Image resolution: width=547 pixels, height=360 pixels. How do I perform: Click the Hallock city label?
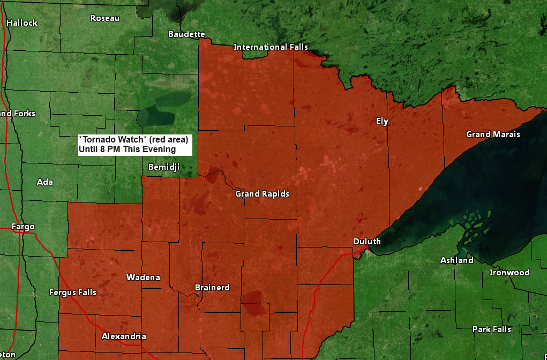point(22,23)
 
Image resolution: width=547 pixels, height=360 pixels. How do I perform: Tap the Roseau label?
point(105,18)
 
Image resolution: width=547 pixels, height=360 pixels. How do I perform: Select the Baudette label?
point(186,34)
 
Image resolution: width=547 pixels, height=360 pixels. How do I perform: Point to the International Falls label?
point(271,47)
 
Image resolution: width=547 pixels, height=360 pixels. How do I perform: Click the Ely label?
point(381,121)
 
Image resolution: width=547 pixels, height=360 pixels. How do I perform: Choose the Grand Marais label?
point(492,134)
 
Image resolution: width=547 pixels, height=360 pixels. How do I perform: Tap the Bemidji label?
point(164,168)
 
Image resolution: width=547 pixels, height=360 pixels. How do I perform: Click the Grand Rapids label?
point(262,194)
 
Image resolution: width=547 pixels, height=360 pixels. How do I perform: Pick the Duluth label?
point(366,242)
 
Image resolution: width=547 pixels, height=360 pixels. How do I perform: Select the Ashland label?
point(456,260)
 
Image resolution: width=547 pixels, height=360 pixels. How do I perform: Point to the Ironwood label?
point(509,273)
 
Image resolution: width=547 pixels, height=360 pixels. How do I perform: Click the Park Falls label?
point(491,329)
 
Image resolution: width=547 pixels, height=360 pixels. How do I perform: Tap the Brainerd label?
point(212,288)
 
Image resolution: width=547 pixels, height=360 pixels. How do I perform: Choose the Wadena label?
point(143,277)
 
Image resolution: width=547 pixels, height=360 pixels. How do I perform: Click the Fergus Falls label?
point(73,292)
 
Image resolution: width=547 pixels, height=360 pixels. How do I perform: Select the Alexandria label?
point(124,336)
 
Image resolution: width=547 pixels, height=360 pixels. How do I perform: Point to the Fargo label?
point(23,227)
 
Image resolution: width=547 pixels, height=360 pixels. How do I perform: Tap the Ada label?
point(45,182)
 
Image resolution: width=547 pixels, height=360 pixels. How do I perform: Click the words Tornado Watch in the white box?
point(115,139)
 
